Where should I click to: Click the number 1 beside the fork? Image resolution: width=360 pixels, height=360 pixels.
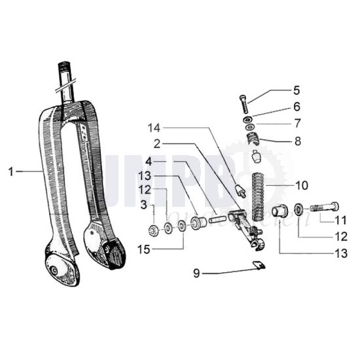[11, 171]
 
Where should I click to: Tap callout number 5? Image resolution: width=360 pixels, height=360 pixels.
[278, 91]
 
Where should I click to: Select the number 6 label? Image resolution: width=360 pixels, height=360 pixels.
[278, 106]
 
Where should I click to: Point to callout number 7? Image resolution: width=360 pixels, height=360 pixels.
[278, 122]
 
